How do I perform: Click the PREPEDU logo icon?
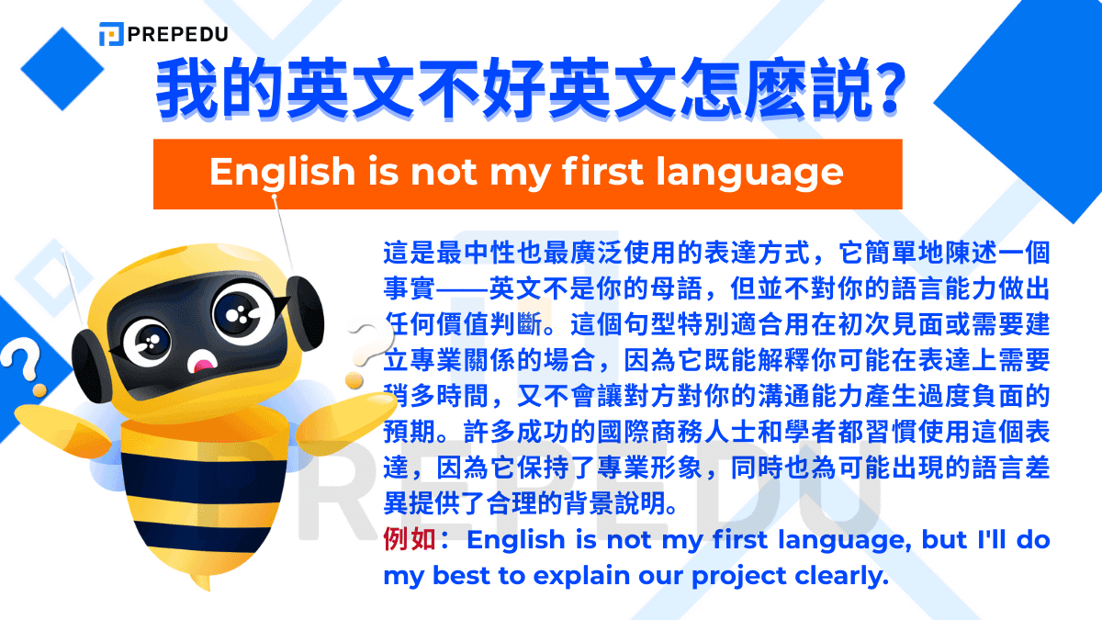pos(111,35)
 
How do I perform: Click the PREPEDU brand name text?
pos(178,35)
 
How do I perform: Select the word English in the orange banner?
pos(268,172)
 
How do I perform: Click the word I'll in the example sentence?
pos(987,540)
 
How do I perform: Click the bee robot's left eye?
pos(147,343)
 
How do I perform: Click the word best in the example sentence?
pos(473,577)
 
